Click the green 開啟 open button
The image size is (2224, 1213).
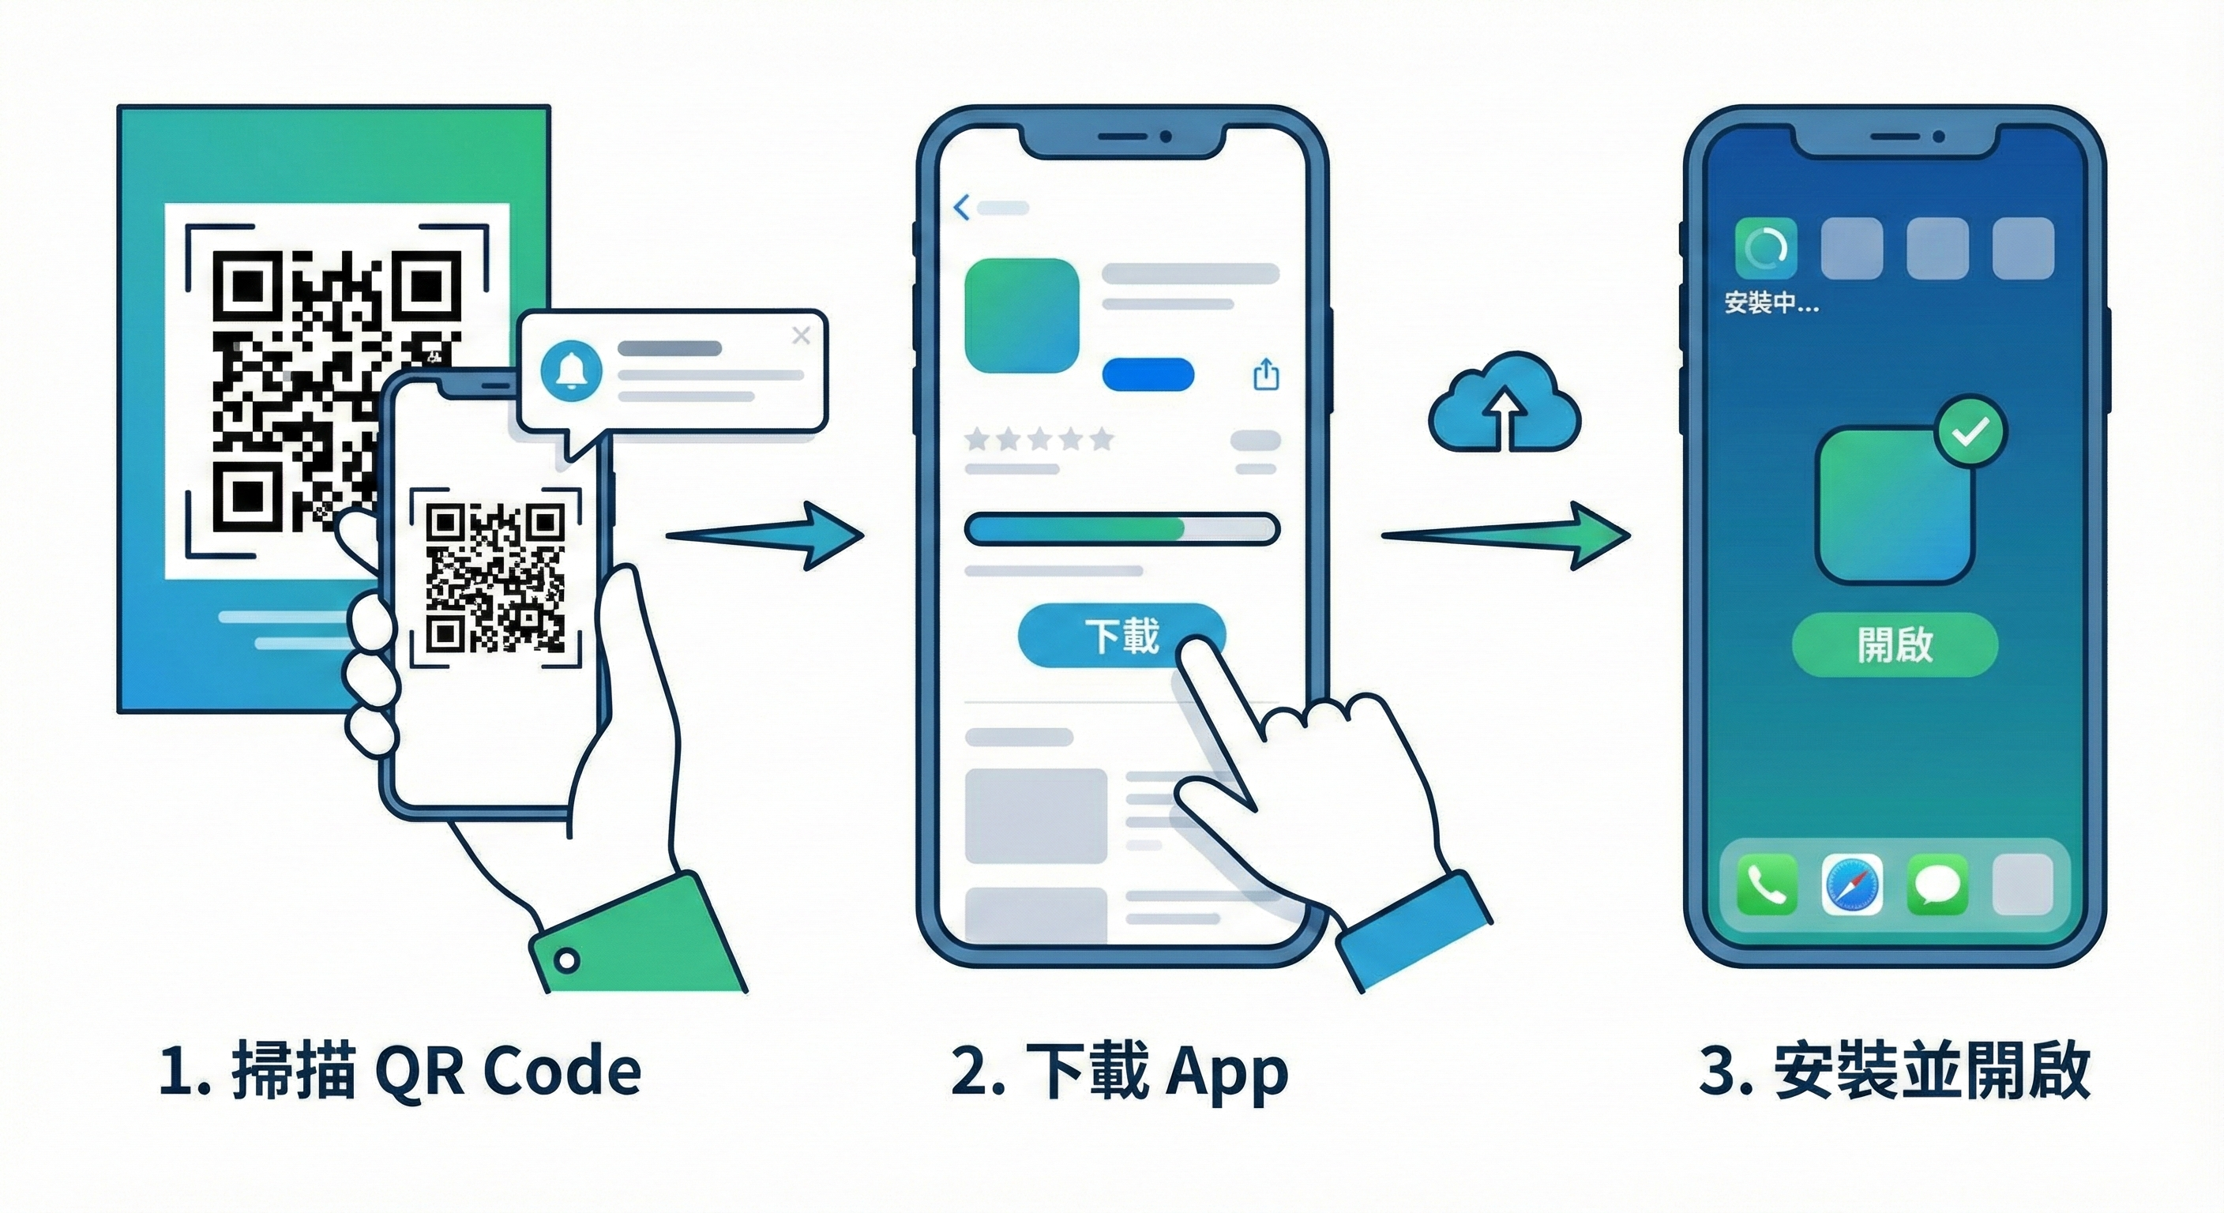click(1895, 644)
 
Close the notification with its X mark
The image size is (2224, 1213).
click(801, 335)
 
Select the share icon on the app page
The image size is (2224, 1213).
click(1266, 374)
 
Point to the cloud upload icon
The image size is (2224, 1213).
click(1504, 404)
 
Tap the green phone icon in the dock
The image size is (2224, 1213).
click(1767, 883)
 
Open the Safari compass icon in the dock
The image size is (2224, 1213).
click(1852, 883)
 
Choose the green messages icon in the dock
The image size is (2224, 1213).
click(1937, 883)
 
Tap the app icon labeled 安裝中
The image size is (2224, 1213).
click(1767, 250)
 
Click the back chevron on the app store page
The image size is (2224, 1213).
click(962, 207)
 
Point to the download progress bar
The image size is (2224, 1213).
click(1121, 528)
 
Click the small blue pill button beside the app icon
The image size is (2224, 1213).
click(1148, 374)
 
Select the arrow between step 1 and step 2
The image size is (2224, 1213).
click(764, 536)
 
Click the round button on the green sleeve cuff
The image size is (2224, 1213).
click(567, 960)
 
